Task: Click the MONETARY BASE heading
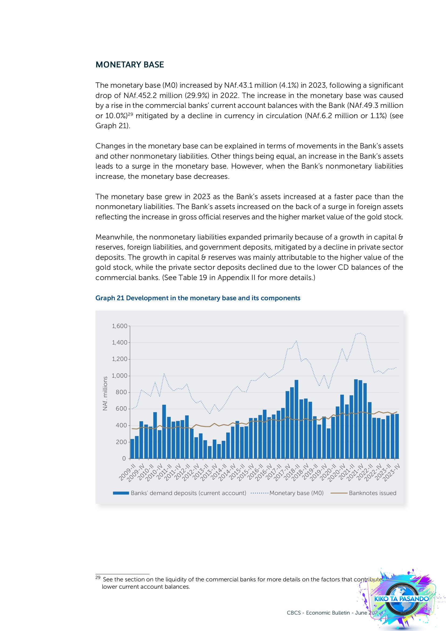130,64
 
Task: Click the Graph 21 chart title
198,298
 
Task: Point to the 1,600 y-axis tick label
120,326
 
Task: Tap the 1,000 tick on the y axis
120,376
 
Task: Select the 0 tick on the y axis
124,458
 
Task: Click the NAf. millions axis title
105,394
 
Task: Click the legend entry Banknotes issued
372,493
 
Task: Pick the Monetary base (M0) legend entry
296,493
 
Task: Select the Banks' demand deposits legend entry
188,493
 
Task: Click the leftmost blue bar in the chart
132,449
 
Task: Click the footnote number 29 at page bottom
98,577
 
